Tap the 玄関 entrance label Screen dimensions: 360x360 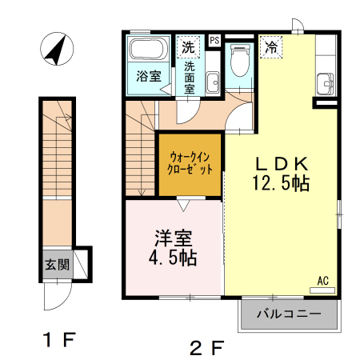click(x=56, y=263)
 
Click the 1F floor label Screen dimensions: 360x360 click(x=59, y=340)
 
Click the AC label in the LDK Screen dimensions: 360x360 click(x=322, y=281)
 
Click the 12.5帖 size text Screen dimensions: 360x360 click(x=278, y=182)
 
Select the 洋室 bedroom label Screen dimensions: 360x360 click(x=172, y=238)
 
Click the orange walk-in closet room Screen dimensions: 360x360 click(x=190, y=164)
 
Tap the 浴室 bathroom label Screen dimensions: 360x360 click(x=149, y=77)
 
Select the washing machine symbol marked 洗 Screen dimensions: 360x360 click(x=188, y=46)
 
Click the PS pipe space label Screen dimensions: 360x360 click(x=214, y=39)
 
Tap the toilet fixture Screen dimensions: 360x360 click(x=238, y=61)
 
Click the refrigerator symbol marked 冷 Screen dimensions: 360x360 click(x=272, y=47)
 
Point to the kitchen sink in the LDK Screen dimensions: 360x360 click(x=325, y=82)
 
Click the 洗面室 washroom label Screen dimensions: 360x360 click(x=190, y=78)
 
